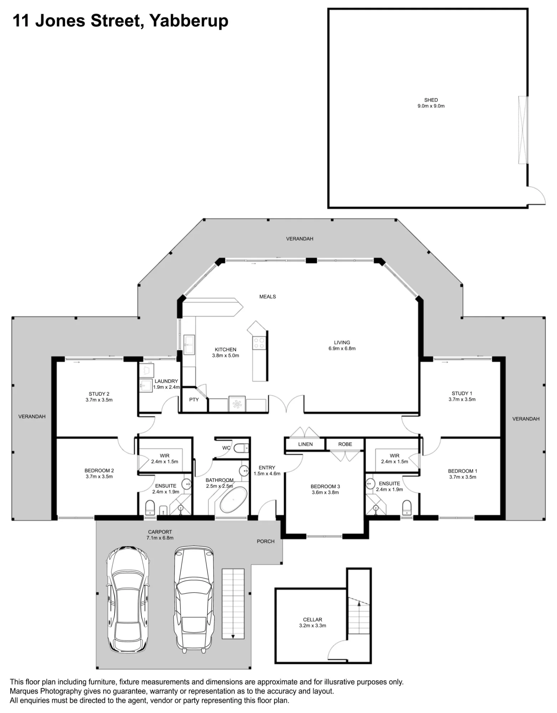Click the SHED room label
(x=431, y=100)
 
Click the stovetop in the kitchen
(x=259, y=343)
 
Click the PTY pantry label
(x=194, y=400)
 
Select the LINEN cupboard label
(x=306, y=444)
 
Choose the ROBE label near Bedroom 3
(x=345, y=444)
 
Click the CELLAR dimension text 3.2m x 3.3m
(x=313, y=625)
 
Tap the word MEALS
(x=268, y=297)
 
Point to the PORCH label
(x=266, y=541)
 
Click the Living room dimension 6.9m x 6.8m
(x=342, y=348)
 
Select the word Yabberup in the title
(x=189, y=21)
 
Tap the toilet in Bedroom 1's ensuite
(x=407, y=507)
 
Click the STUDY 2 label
(x=99, y=394)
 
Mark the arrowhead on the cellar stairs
(x=359, y=603)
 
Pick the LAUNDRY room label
(x=166, y=381)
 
